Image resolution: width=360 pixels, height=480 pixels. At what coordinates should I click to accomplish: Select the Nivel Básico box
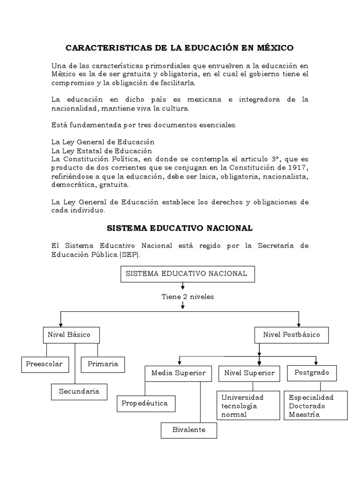[69, 335]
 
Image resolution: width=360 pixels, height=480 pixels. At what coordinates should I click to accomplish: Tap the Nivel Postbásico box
[291, 335]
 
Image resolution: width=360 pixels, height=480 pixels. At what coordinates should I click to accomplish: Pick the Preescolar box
[45, 364]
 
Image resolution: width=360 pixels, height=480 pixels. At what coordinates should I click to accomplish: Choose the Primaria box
[103, 364]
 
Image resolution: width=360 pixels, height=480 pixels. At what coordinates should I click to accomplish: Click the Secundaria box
[79, 391]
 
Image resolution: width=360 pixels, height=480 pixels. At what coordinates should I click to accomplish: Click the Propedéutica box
[145, 403]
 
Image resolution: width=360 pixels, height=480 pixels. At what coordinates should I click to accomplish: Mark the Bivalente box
[188, 430]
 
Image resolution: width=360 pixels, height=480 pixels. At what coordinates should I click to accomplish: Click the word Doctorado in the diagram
[307, 405]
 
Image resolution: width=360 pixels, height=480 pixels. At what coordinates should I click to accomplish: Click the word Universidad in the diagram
[243, 397]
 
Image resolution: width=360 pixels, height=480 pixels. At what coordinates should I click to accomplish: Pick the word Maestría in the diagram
[305, 414]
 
